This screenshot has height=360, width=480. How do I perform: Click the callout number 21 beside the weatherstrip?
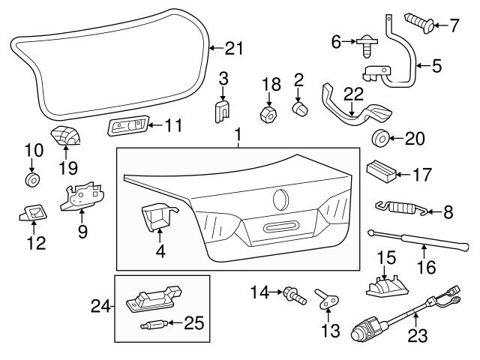coord(235,49)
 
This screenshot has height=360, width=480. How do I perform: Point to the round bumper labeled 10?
coord(32,181)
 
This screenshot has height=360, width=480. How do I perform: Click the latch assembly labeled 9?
coord(82,197)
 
